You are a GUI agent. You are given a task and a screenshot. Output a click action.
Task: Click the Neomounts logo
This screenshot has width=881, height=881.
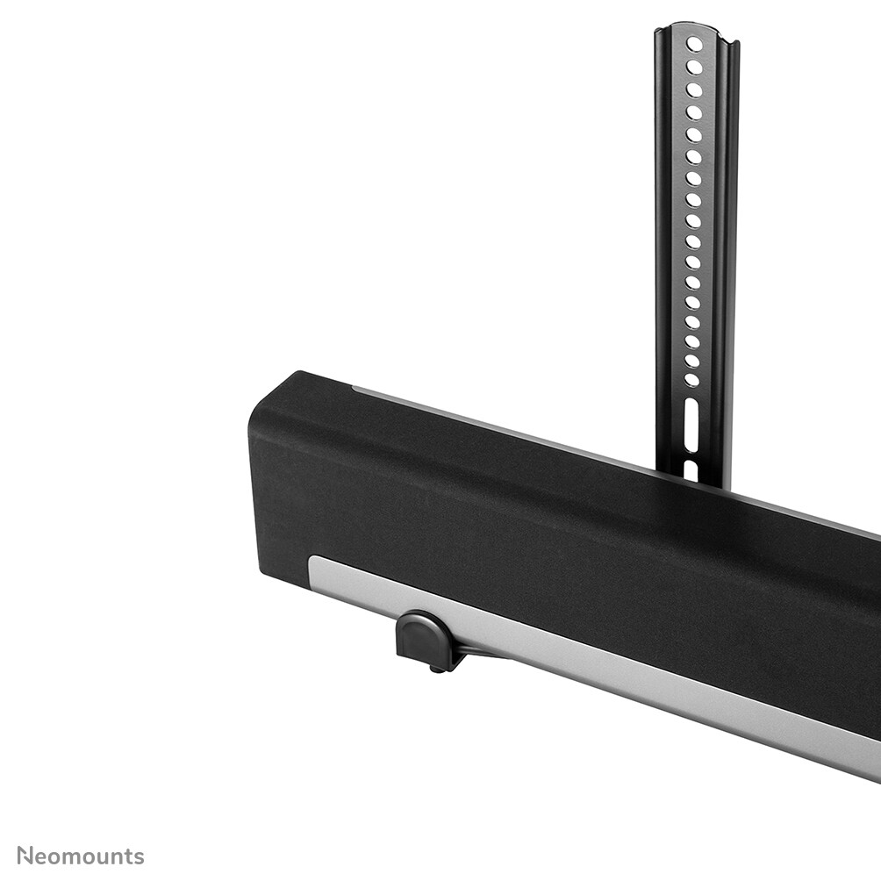pos(81,856)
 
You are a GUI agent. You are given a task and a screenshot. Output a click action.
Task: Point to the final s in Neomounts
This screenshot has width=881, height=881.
pos(139,857)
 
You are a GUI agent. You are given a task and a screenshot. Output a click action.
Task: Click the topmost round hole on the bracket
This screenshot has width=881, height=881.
pos(695,44)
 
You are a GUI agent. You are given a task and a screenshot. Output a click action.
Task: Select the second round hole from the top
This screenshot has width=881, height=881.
pos(695,67)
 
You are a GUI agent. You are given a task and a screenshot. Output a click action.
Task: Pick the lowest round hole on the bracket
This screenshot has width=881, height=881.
pos(691,380)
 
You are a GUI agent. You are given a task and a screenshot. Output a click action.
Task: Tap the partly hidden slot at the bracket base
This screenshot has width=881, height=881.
pos(691,469)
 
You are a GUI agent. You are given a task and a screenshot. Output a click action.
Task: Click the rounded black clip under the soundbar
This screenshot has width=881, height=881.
pos(424,639)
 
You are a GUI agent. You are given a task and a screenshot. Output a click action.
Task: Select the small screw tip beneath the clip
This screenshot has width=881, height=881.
pos(434,670)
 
